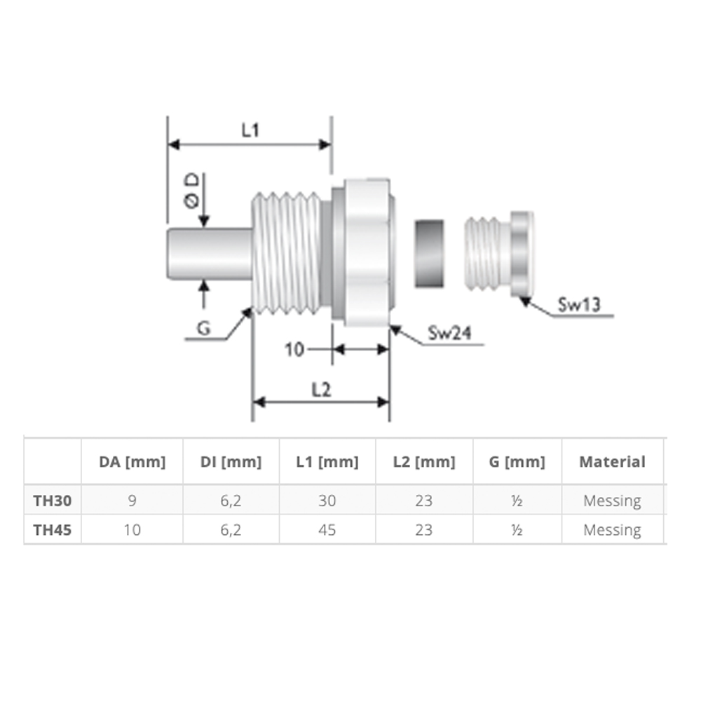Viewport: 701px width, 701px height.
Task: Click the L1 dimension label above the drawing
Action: pos(250,130)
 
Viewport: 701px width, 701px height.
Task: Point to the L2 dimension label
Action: pos(321,390)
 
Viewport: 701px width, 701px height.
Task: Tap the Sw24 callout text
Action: pos(449,332)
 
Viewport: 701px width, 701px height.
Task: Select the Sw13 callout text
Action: pos(578,305)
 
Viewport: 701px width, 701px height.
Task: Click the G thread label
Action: pos(204,329)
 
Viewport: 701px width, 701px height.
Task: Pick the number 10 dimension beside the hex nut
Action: pos(294,350)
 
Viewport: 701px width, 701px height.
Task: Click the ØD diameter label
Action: pos(192,191)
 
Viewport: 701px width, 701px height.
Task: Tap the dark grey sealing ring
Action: pos(429,253)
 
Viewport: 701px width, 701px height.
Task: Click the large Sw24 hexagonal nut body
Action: pos(367,253)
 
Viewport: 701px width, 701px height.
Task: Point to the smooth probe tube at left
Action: pos(209,254)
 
